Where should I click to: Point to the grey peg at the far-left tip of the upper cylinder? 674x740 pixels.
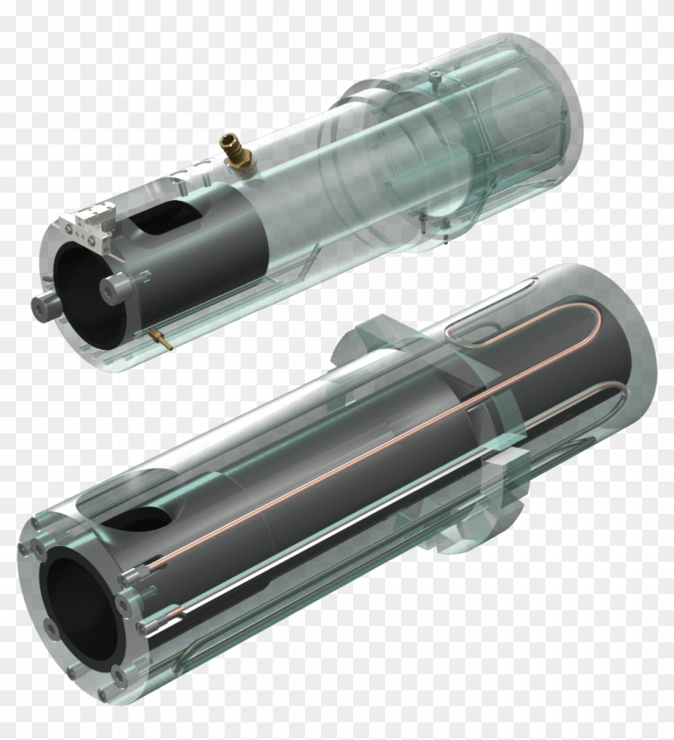point(41,307)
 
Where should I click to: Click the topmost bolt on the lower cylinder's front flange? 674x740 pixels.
point(38,526)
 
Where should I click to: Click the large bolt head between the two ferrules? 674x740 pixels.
point(124,601)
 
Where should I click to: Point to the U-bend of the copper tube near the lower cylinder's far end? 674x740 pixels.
point(614,402)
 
